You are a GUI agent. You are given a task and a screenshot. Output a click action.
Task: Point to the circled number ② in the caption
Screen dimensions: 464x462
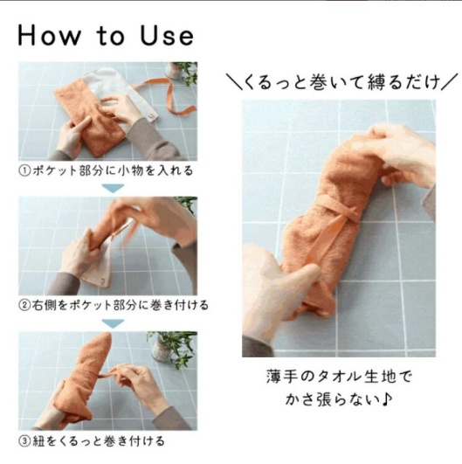(24, 306)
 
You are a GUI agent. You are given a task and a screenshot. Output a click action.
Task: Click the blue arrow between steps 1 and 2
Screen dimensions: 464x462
(108, 187)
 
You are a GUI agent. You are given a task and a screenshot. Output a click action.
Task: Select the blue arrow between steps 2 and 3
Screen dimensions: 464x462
(108, 322)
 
